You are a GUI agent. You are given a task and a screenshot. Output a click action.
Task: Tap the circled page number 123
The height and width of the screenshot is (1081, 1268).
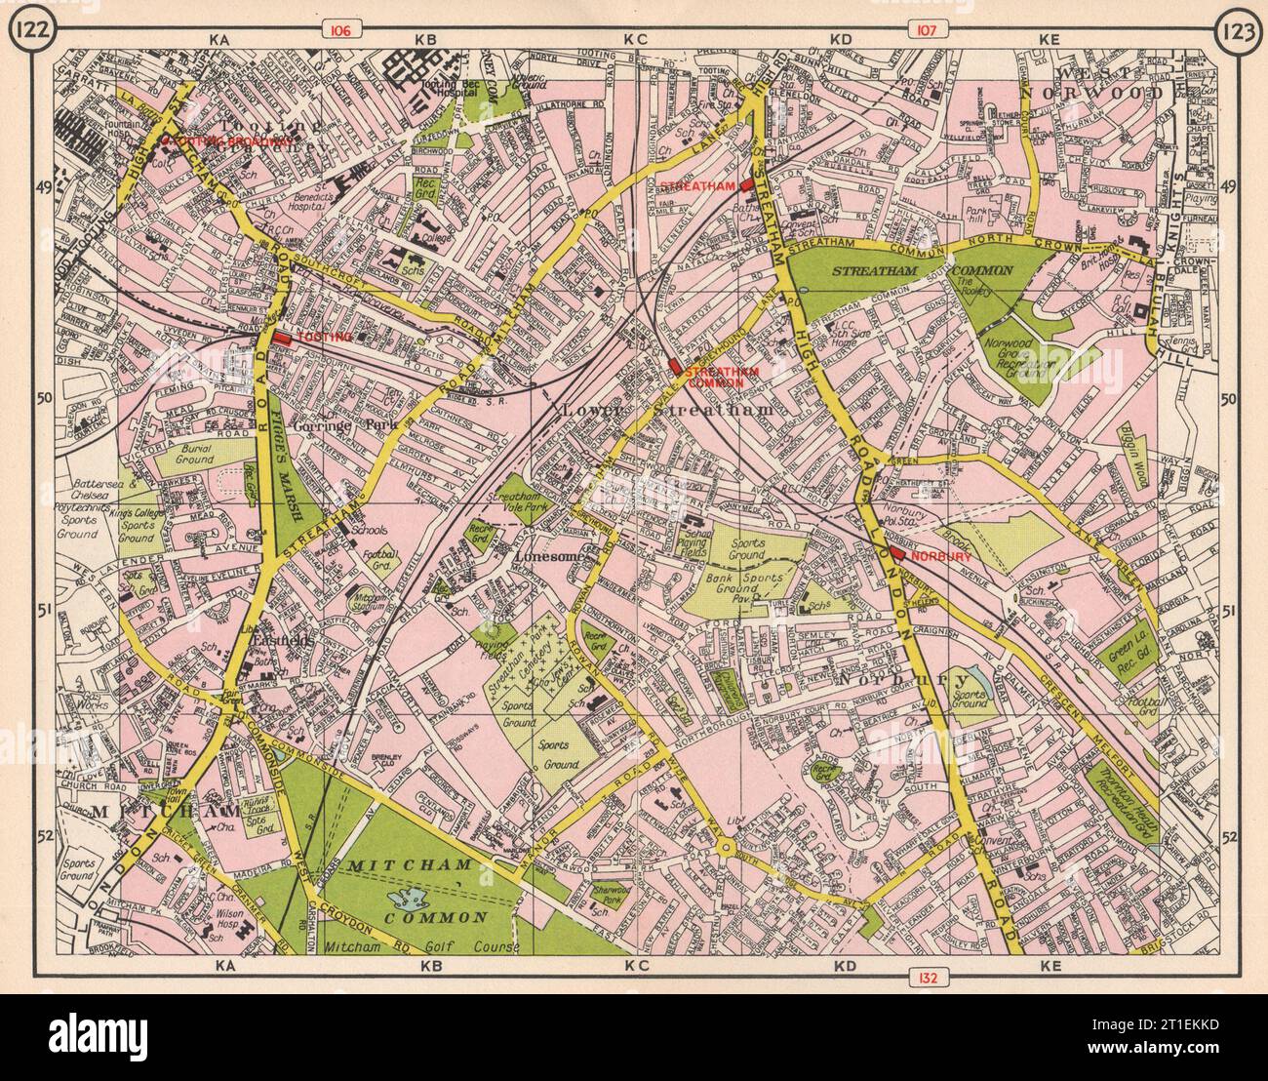[1236, 31]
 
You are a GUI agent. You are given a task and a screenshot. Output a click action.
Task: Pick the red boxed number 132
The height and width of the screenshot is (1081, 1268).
[924, 975]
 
